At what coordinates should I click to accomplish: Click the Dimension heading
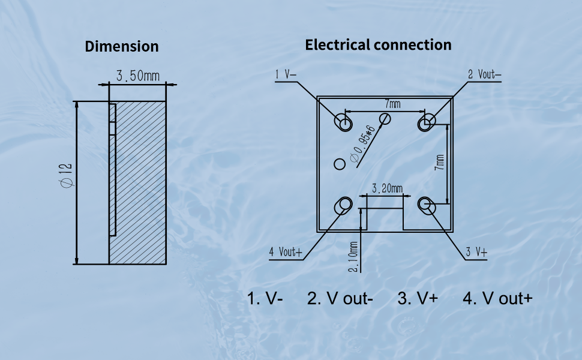pyautogui.click(x=122, y=46)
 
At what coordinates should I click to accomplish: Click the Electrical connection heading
pyautogui.click(x=378, y=45)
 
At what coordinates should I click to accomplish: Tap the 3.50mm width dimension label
pyautogui.click(x=138, y=76)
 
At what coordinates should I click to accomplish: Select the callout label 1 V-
pyautogui.click(x=286, y=74)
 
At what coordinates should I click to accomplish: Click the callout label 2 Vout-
pyautogui.click(x=484, y=74)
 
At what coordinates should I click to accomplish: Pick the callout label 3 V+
pyautogui.click(x=476, y=253)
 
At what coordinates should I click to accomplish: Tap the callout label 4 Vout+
pyautogui.click(x=286, y=253)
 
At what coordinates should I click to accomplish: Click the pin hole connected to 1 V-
pyautogui.click(x=343, y=122)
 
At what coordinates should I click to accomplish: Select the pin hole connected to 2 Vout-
pyautogui.click(x=427, y=122)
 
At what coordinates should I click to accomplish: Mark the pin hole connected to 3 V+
pyautogui.click(x=427, y=206)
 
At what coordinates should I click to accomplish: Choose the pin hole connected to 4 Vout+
pyautogui.click(x=343, y=206)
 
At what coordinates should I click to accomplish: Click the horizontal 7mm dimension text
pyautogui.click(x=393, y=104)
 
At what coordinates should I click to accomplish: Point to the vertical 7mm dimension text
pyautogui.click(x=439, y=163)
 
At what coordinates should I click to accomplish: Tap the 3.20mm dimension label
pyautogui.click(x=387, y=188)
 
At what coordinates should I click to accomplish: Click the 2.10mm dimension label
pyautogui.click(x=353, y=257)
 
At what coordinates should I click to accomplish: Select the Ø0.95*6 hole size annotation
pyautogui.click(x=363, y=145)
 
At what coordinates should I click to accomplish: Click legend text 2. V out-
pyautogui.click(x=340, y=298)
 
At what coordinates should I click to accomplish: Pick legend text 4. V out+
pyautogui.click(x=497, y=298)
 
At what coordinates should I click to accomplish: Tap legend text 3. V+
pyautogui.click(x=418, y=298)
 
